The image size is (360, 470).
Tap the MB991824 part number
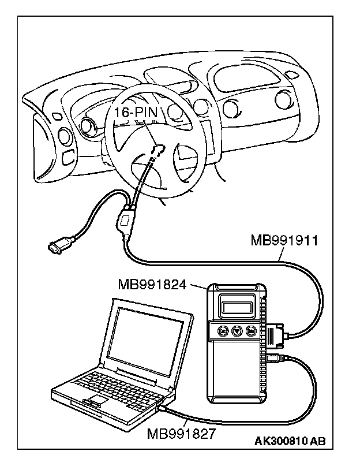(152, 284)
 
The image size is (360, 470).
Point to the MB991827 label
(181, 432)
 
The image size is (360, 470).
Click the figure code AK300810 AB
(290, 442)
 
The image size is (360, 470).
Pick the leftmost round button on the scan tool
(222, 331)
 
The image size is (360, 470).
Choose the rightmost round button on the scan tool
(250, 331)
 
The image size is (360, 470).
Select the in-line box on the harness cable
(124, 221)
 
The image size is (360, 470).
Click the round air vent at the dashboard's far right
(283, 100)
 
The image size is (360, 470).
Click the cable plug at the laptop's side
(164, 408)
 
